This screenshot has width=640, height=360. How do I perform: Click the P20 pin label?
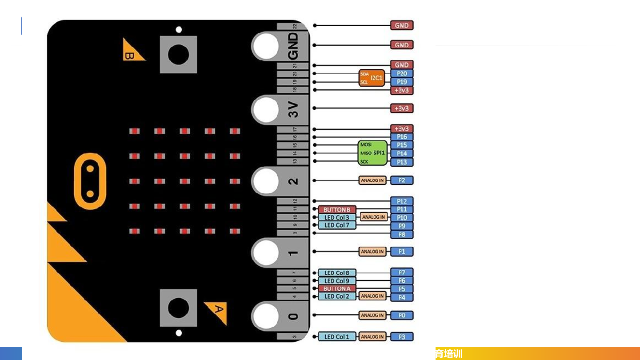tap(402, 73)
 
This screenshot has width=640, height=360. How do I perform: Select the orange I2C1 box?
tap(372, 78)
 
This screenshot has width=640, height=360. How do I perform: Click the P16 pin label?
tap(402, 137)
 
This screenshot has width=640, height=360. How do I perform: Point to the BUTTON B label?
tap(337, 209)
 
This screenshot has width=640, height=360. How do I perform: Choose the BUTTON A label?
tap(337, 288)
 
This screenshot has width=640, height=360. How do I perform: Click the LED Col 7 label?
tap(337, 225)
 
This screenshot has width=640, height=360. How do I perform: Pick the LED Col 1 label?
tap(337, 337)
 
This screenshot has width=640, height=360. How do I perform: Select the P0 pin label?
tap(402, 316)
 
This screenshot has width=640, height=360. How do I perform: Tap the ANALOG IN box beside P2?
tap(372, 180)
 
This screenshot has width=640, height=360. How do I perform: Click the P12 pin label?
tap(402, 201)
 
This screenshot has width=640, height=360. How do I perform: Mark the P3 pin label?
tap(402, 337)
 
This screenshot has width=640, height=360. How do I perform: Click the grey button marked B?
tap(178, 54)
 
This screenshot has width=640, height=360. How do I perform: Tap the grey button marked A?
tap(178, 308)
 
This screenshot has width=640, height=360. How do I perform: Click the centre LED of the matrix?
tap(185, 181)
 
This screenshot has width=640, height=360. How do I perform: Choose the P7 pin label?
tap(402, 272)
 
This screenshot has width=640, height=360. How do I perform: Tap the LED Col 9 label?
tap(337, 281)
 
